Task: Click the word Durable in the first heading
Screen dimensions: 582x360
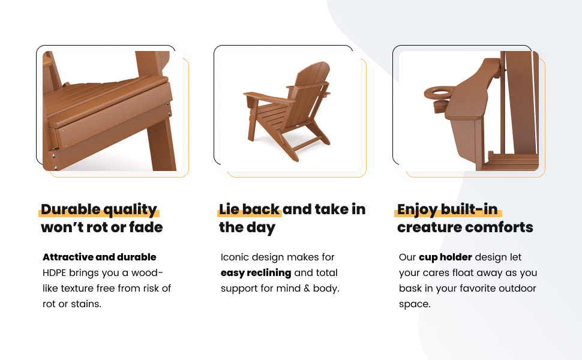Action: pos(71,209)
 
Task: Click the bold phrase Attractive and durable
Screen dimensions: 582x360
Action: pos(100,257)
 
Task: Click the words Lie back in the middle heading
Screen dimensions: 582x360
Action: pos(249,209)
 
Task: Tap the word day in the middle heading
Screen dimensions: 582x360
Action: pos(262,228)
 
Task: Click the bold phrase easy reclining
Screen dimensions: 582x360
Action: pos(256,273)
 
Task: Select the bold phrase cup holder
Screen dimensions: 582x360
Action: pos(445,257)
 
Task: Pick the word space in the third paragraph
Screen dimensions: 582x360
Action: pos(413,305)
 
